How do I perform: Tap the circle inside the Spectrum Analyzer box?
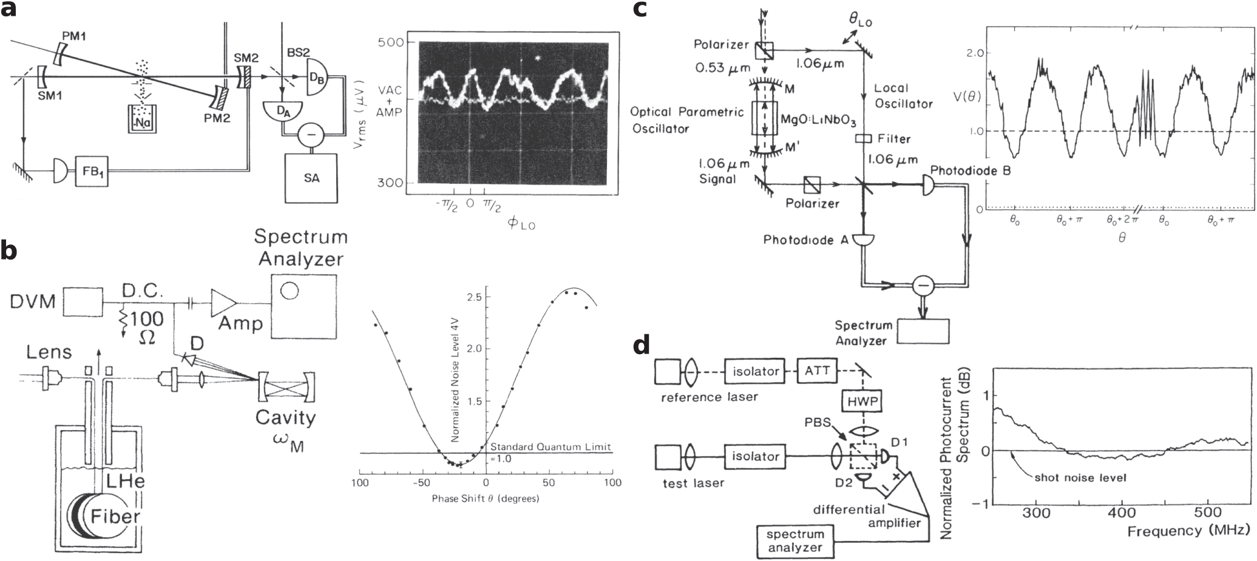point(290,291)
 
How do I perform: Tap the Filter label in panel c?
point(894,139)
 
